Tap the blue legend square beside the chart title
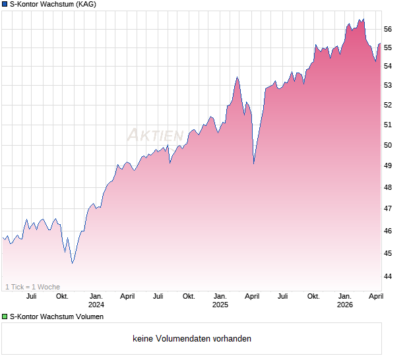(5, 5)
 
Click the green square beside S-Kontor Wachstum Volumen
(5, 316)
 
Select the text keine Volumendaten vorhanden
(192, 339)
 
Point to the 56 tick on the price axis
(388, 29)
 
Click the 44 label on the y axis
(388, 276)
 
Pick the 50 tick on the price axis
(388, 145)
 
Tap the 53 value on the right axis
(388, 85)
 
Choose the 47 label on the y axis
(388, 209)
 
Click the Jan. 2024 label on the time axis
(96, 301)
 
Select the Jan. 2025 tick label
(220, 301)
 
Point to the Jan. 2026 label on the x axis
(344, 301)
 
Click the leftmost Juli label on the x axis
(31, 296)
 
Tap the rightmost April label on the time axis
(375, 296)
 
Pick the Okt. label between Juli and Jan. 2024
(62, 296)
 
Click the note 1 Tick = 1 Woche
(32, 287)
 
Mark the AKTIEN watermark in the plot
(155, 135)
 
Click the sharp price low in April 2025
(254, 164)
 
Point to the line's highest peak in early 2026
(362, 19)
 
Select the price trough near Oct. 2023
(73, 262)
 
